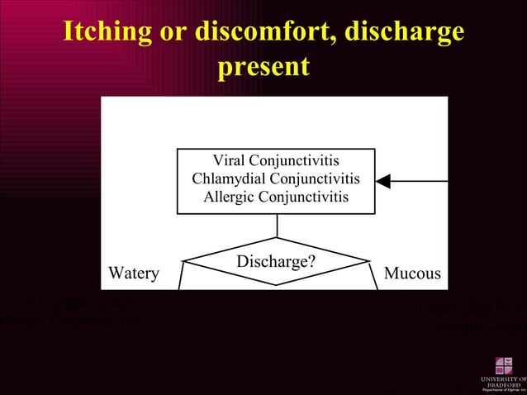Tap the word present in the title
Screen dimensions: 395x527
pos(263,66)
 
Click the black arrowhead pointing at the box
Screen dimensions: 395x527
pos(382,181)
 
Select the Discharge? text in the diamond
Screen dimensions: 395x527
pos(276,262)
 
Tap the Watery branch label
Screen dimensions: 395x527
pos(134,274)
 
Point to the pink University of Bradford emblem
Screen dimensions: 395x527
pos(504,365)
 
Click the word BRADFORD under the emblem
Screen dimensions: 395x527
pos(502,384)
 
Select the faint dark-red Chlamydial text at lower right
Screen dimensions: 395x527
pos(471,309)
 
